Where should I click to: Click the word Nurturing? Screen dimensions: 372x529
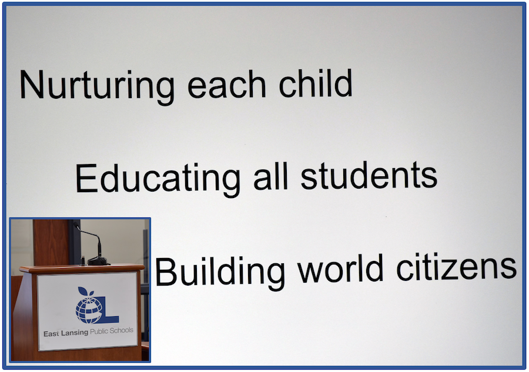tap(97, 86)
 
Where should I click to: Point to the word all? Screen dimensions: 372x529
tap(270, 176)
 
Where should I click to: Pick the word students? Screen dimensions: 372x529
tap(369, 175)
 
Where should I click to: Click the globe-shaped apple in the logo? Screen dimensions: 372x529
tap(88, 309)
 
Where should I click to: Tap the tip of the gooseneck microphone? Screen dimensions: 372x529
tap(76, 226)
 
